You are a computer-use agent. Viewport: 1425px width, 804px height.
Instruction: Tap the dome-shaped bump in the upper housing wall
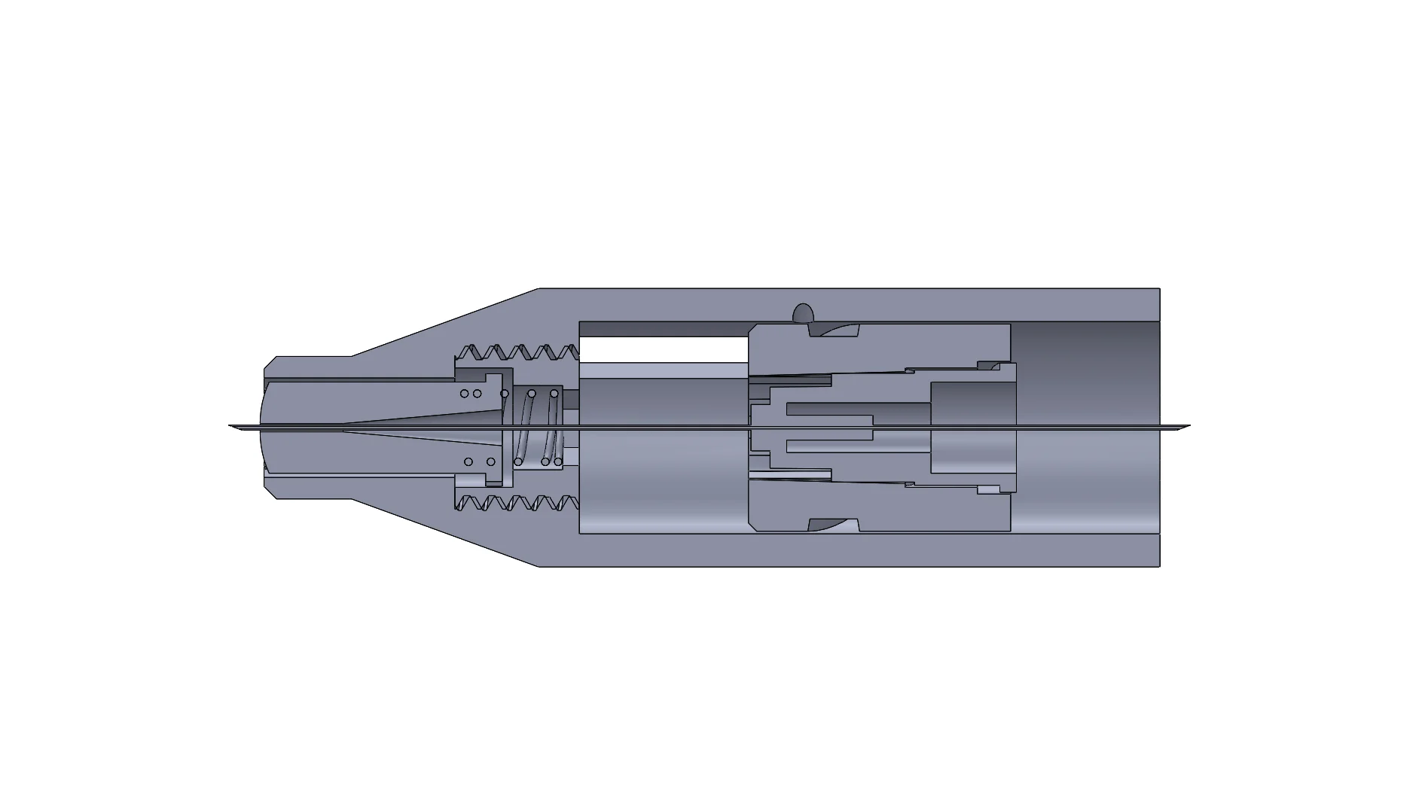pyautogui.click(x=803, y=313)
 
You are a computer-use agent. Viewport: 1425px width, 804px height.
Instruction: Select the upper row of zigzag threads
pyautogui.click(x=518, y=352)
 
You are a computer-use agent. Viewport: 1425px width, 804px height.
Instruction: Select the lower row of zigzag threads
pyautogui.click(x=518, y=502)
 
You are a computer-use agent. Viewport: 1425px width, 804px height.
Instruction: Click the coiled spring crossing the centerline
pyautogui.click(x=538, y=427)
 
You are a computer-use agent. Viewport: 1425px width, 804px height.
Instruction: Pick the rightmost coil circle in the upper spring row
pyautogui.click(x=554, y=394)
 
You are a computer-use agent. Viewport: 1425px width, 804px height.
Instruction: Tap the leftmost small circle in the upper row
pyautogui.click(x=465, y=394)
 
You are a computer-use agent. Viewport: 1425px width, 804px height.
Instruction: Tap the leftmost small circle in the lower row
pyautogui.click(x=468, y=461)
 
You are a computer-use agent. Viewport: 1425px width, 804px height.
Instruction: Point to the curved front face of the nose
pyautogui.click(x=262, y=426)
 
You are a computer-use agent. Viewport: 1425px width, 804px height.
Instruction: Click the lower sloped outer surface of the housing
pyautogui.click(x=444, y=531)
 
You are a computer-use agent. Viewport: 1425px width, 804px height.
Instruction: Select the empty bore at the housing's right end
pyautogui.click(x=1085, y=427)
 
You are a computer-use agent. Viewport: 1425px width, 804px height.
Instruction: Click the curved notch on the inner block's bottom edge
pyautogui.click(x=834, y=524)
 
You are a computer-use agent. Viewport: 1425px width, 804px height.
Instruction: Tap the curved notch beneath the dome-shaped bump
pyautogui.click(x=835, y=330)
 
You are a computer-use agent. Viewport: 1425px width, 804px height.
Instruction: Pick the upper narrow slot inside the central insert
pyautogui.click(x=828, y=409)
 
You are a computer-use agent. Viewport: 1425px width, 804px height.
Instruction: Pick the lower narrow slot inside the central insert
pyautogui.click(x=828, y=445)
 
